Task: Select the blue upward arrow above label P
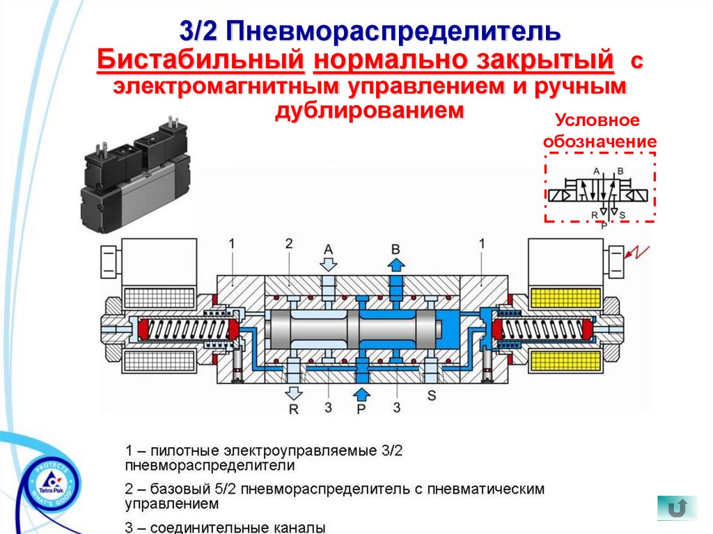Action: point(361,390)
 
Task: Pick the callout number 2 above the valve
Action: point(288,244)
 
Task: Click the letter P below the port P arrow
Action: point(361,409)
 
